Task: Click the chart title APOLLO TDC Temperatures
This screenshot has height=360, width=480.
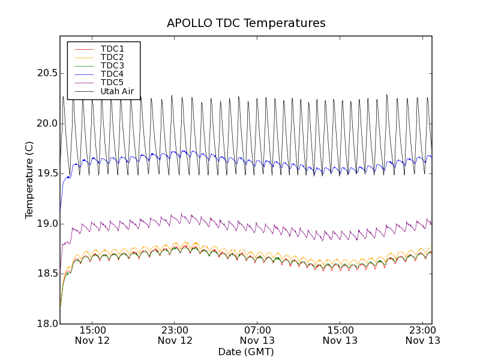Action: coord(246,23)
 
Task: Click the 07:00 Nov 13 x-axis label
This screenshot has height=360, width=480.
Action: coord(258,335)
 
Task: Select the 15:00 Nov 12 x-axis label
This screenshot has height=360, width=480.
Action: coord(92,335)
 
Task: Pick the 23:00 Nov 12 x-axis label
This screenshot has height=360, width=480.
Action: coord(175,335)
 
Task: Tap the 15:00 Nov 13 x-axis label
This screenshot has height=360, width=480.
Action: coord(340,335)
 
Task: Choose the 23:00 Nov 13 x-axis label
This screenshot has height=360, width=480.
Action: coord(422,335)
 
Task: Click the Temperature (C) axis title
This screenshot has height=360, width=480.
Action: coord(29,180)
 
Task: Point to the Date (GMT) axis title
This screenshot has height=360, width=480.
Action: coord(246,352)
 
